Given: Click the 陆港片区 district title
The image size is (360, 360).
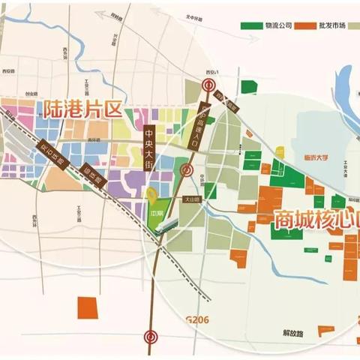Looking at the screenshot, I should pos(82,108).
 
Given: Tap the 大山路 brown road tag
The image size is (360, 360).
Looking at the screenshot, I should pos(192,200).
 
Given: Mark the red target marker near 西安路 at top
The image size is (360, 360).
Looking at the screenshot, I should pos(212,85).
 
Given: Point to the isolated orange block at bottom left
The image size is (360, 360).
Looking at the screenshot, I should pos(88,307).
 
